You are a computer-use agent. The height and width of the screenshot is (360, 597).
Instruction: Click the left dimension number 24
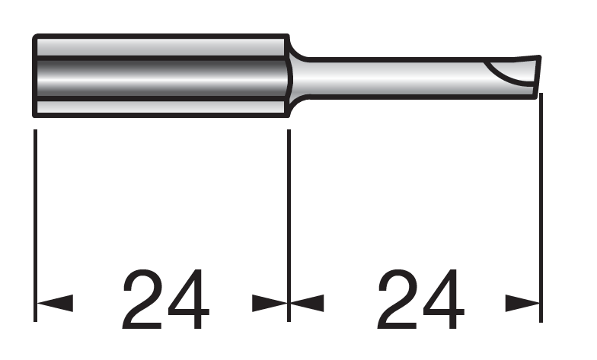(x=166, y=299)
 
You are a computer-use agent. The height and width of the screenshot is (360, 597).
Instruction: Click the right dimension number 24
(x=420, y=299)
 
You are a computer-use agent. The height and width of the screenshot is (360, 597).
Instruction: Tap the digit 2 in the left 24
(x=142, y=299)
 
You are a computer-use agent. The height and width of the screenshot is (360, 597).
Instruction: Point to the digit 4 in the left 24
(x=189, y=299)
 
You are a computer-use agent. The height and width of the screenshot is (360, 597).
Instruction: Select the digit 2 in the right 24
(x=397, y=299)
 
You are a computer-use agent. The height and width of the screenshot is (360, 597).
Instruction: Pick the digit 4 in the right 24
(x=444, y=299)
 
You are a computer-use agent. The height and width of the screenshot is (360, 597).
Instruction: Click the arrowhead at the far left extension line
(x=55, y=303)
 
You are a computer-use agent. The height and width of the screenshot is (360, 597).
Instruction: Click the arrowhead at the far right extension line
(x=522, y=303)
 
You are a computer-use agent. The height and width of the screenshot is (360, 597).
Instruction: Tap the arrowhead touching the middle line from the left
(x=270, y=303)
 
